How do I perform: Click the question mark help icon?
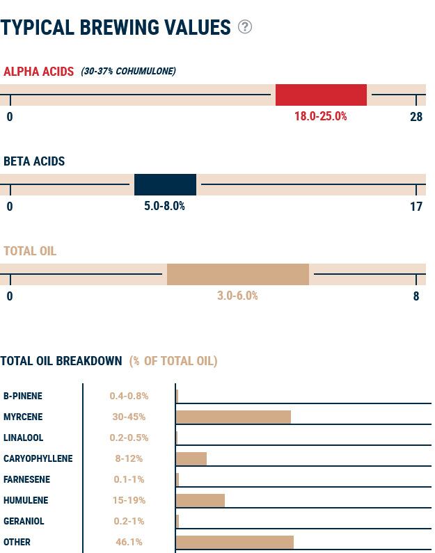pyautogui.click(x=244, y=26)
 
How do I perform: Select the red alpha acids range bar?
pyautogui.click(x=321, y=95)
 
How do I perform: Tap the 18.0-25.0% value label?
pyautogui.click(x=320, y=116)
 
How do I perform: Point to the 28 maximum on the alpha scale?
pyautogui.click(x=416, y=116)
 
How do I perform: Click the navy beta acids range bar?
pyautogui.click(x=165, y=184)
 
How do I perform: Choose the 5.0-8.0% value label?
pyautogui.click(x=164, y=206)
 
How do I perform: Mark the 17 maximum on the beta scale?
pyautogui.click(x=416, y=206)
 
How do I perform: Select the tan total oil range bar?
pyautogui.click(x=237, y=274)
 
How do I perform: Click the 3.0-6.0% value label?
pyautogui.click(x=237, y=296)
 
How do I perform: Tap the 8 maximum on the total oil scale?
pyautogui.click(x=416, y=296)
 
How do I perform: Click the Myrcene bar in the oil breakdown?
pyautogui.click(x=233, y=417)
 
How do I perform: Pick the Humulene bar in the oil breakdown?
pyautogui.click(x=200, y=500)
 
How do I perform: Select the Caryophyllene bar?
pyautogui.click(x=191, y=458)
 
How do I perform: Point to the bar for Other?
pyautogui.click(x=235, y=542)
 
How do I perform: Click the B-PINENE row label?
pyautogui.click(x=23, y=396)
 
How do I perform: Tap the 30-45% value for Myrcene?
pyautogui.click(x=129, y=417)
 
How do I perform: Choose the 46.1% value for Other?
pyautogui.click(x=129, y=542)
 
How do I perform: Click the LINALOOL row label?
pyautogui.click(x=23, y=438)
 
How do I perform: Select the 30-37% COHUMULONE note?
pyautogui.click(x=128, y=71)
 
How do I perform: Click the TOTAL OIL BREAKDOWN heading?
pyautogui.click(x=61, y=361)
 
